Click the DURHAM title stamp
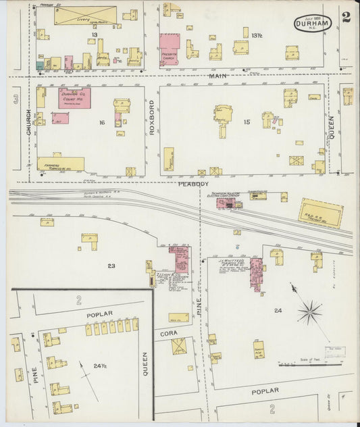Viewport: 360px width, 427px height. pos(313,22)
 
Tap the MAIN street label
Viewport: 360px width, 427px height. pos(217,76)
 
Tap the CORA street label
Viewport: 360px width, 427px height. pos(168,333)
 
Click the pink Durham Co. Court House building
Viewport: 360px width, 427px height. pos(74,97)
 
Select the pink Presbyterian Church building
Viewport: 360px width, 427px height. pos(169,50)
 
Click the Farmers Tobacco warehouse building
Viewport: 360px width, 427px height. pos(61,164)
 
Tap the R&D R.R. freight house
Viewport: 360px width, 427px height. pos(320,213)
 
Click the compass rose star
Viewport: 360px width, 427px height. pos(309,311)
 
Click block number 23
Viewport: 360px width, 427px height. pos(110,266)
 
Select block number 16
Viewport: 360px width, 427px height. pos(102,122)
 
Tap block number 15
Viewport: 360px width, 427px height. pos(247,122)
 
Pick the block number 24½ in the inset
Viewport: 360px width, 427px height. pos(100,366)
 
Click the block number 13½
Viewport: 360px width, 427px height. pos(257,34)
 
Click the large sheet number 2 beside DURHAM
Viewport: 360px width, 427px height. pos(346,18)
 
